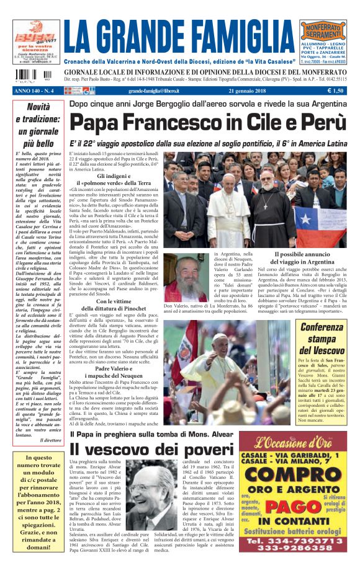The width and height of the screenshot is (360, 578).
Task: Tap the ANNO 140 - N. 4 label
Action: coord(36,91)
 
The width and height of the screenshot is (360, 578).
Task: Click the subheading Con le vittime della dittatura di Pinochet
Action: coord(113,305)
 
